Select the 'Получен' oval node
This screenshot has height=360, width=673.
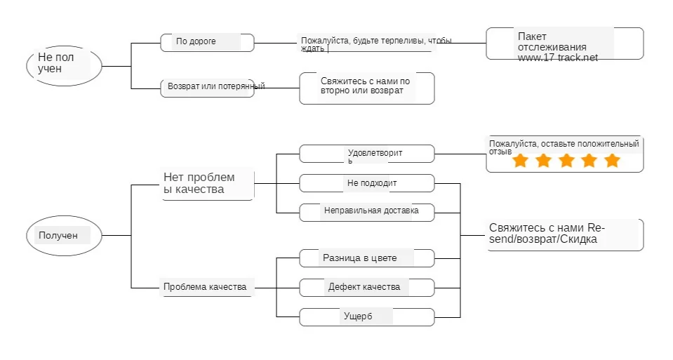64,236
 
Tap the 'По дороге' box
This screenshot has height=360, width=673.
207,42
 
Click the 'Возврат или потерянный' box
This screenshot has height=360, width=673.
207,87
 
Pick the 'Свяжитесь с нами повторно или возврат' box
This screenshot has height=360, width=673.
366,88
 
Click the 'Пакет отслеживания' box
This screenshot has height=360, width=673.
564,44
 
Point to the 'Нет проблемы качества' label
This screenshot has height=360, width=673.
207,183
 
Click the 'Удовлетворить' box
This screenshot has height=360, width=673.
366,154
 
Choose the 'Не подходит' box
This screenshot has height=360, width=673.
366,183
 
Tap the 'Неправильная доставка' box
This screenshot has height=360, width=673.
366,211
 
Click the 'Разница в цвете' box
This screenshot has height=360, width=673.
366,258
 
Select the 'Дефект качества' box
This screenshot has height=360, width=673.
366,287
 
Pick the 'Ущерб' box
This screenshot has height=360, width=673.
366,316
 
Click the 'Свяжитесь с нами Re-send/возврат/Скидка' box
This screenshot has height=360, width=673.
564,234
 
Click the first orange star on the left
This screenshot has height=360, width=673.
520,161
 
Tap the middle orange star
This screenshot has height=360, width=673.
566,161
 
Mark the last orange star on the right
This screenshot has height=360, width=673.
612,161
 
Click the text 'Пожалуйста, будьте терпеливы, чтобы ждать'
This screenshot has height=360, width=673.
375,44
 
